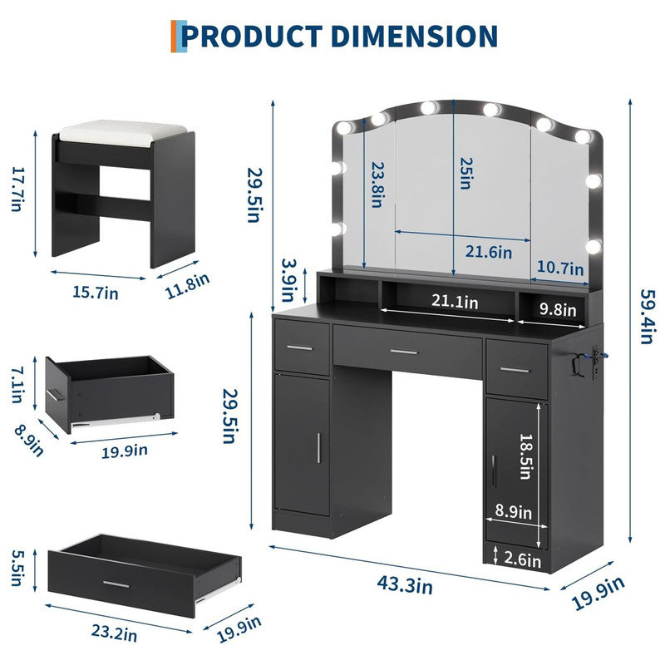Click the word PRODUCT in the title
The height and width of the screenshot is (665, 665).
[x=253, y=36]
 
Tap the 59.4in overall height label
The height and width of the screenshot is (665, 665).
[x=648, y=317]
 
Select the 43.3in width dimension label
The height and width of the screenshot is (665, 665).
[x=405, y=585]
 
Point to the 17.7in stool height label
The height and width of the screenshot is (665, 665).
[x=17, y=190]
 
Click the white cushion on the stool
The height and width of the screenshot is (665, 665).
[x=122, y=132]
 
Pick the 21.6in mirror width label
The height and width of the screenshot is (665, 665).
[x=489, y=252]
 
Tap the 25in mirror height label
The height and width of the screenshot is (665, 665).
[x=466, y=174]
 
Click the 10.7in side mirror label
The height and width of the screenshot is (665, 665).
[x=560, y=268]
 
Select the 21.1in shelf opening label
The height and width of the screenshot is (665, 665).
[x=455, y=302]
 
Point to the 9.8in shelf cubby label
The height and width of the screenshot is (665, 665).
[x=558, y=309]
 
